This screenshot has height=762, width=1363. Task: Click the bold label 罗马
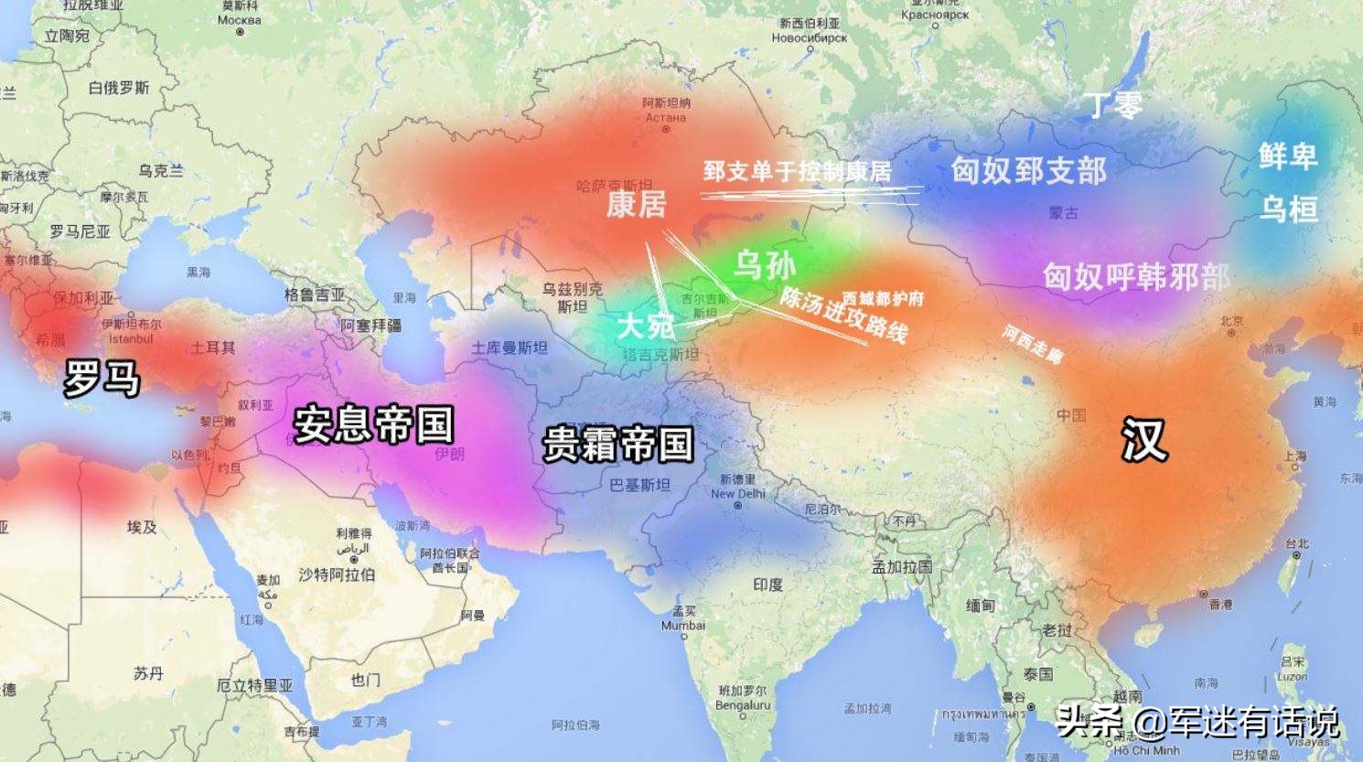(x=102, y=377)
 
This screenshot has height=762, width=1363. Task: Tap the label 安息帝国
(x=373, y=424)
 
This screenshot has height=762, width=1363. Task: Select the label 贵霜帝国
(x=618, y=445)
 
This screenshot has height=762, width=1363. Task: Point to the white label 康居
(x=637, y=204)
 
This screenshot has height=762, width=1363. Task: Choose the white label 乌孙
(x=765, y=265)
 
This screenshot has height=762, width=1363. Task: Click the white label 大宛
(x=645, y=326)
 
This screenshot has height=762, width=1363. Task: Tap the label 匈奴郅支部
(x=1028, y=170)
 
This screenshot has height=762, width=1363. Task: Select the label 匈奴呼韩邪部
(x=1136, y=276)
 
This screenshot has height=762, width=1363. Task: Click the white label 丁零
(x=1113, y=105)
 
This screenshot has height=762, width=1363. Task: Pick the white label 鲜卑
(x=1287, y=156)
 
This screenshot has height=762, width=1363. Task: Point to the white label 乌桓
(x=1288, y=209)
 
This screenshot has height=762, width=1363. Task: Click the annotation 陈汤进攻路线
(x=842, y=316)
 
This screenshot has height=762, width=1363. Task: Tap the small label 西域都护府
(x=883, y=298)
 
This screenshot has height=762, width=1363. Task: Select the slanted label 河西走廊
(x=1033, y=344)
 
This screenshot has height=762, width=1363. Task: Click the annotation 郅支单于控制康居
(x=797, y=171)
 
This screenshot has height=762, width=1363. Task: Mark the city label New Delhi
(x=736, y=494)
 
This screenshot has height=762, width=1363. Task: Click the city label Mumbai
(x=682, y=626)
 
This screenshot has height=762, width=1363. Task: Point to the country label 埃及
(x=142, y=527)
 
